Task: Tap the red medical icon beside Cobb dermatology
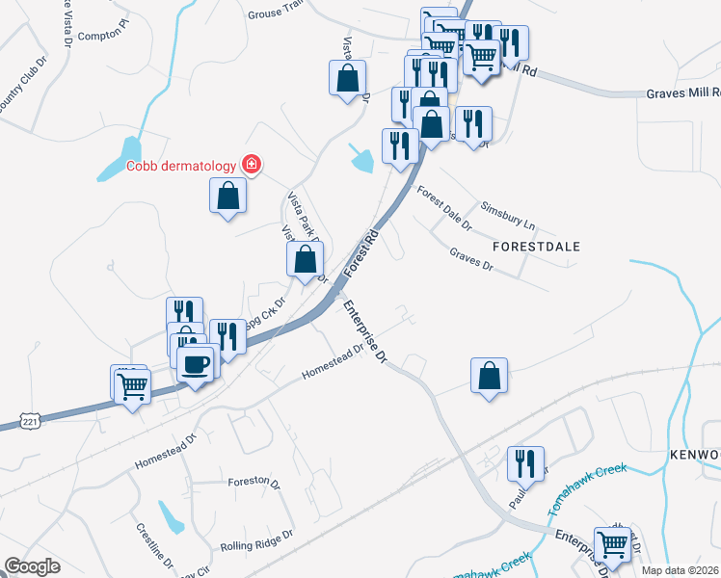252,164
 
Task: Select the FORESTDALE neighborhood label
536,247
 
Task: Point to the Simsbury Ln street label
508,219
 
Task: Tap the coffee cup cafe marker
196,364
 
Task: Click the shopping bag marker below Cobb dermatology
227,197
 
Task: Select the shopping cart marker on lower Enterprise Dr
613,544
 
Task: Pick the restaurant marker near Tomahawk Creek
527,461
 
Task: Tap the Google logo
32,566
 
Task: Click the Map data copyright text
680,570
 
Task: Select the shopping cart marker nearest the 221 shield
132,387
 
